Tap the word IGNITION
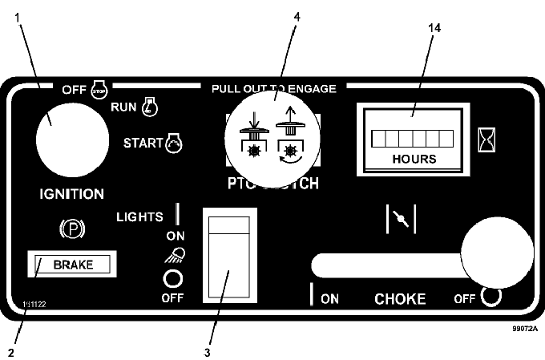pos(72,194)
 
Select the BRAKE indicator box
pos(73,264)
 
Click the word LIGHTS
pos(139,216)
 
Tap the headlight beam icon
pos(173,255)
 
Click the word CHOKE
pos(401,300)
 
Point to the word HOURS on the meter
pos(414,158)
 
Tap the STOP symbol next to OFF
pos(101,87)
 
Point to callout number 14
pos(435,28)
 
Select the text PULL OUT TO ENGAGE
pos(274,88)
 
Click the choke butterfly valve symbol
pos(401,218)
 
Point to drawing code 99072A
pos(524,328)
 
